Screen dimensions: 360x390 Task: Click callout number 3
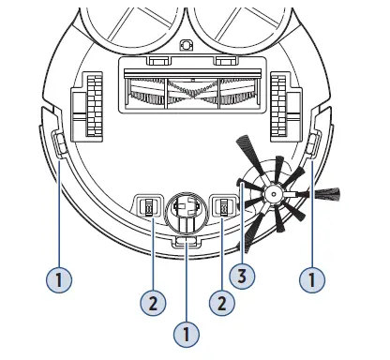pos(245,276)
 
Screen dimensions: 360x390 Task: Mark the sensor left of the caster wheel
pos(148,208)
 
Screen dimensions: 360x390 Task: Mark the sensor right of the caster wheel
pos(225,207)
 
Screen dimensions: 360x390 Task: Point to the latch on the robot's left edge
pos(58,143)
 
